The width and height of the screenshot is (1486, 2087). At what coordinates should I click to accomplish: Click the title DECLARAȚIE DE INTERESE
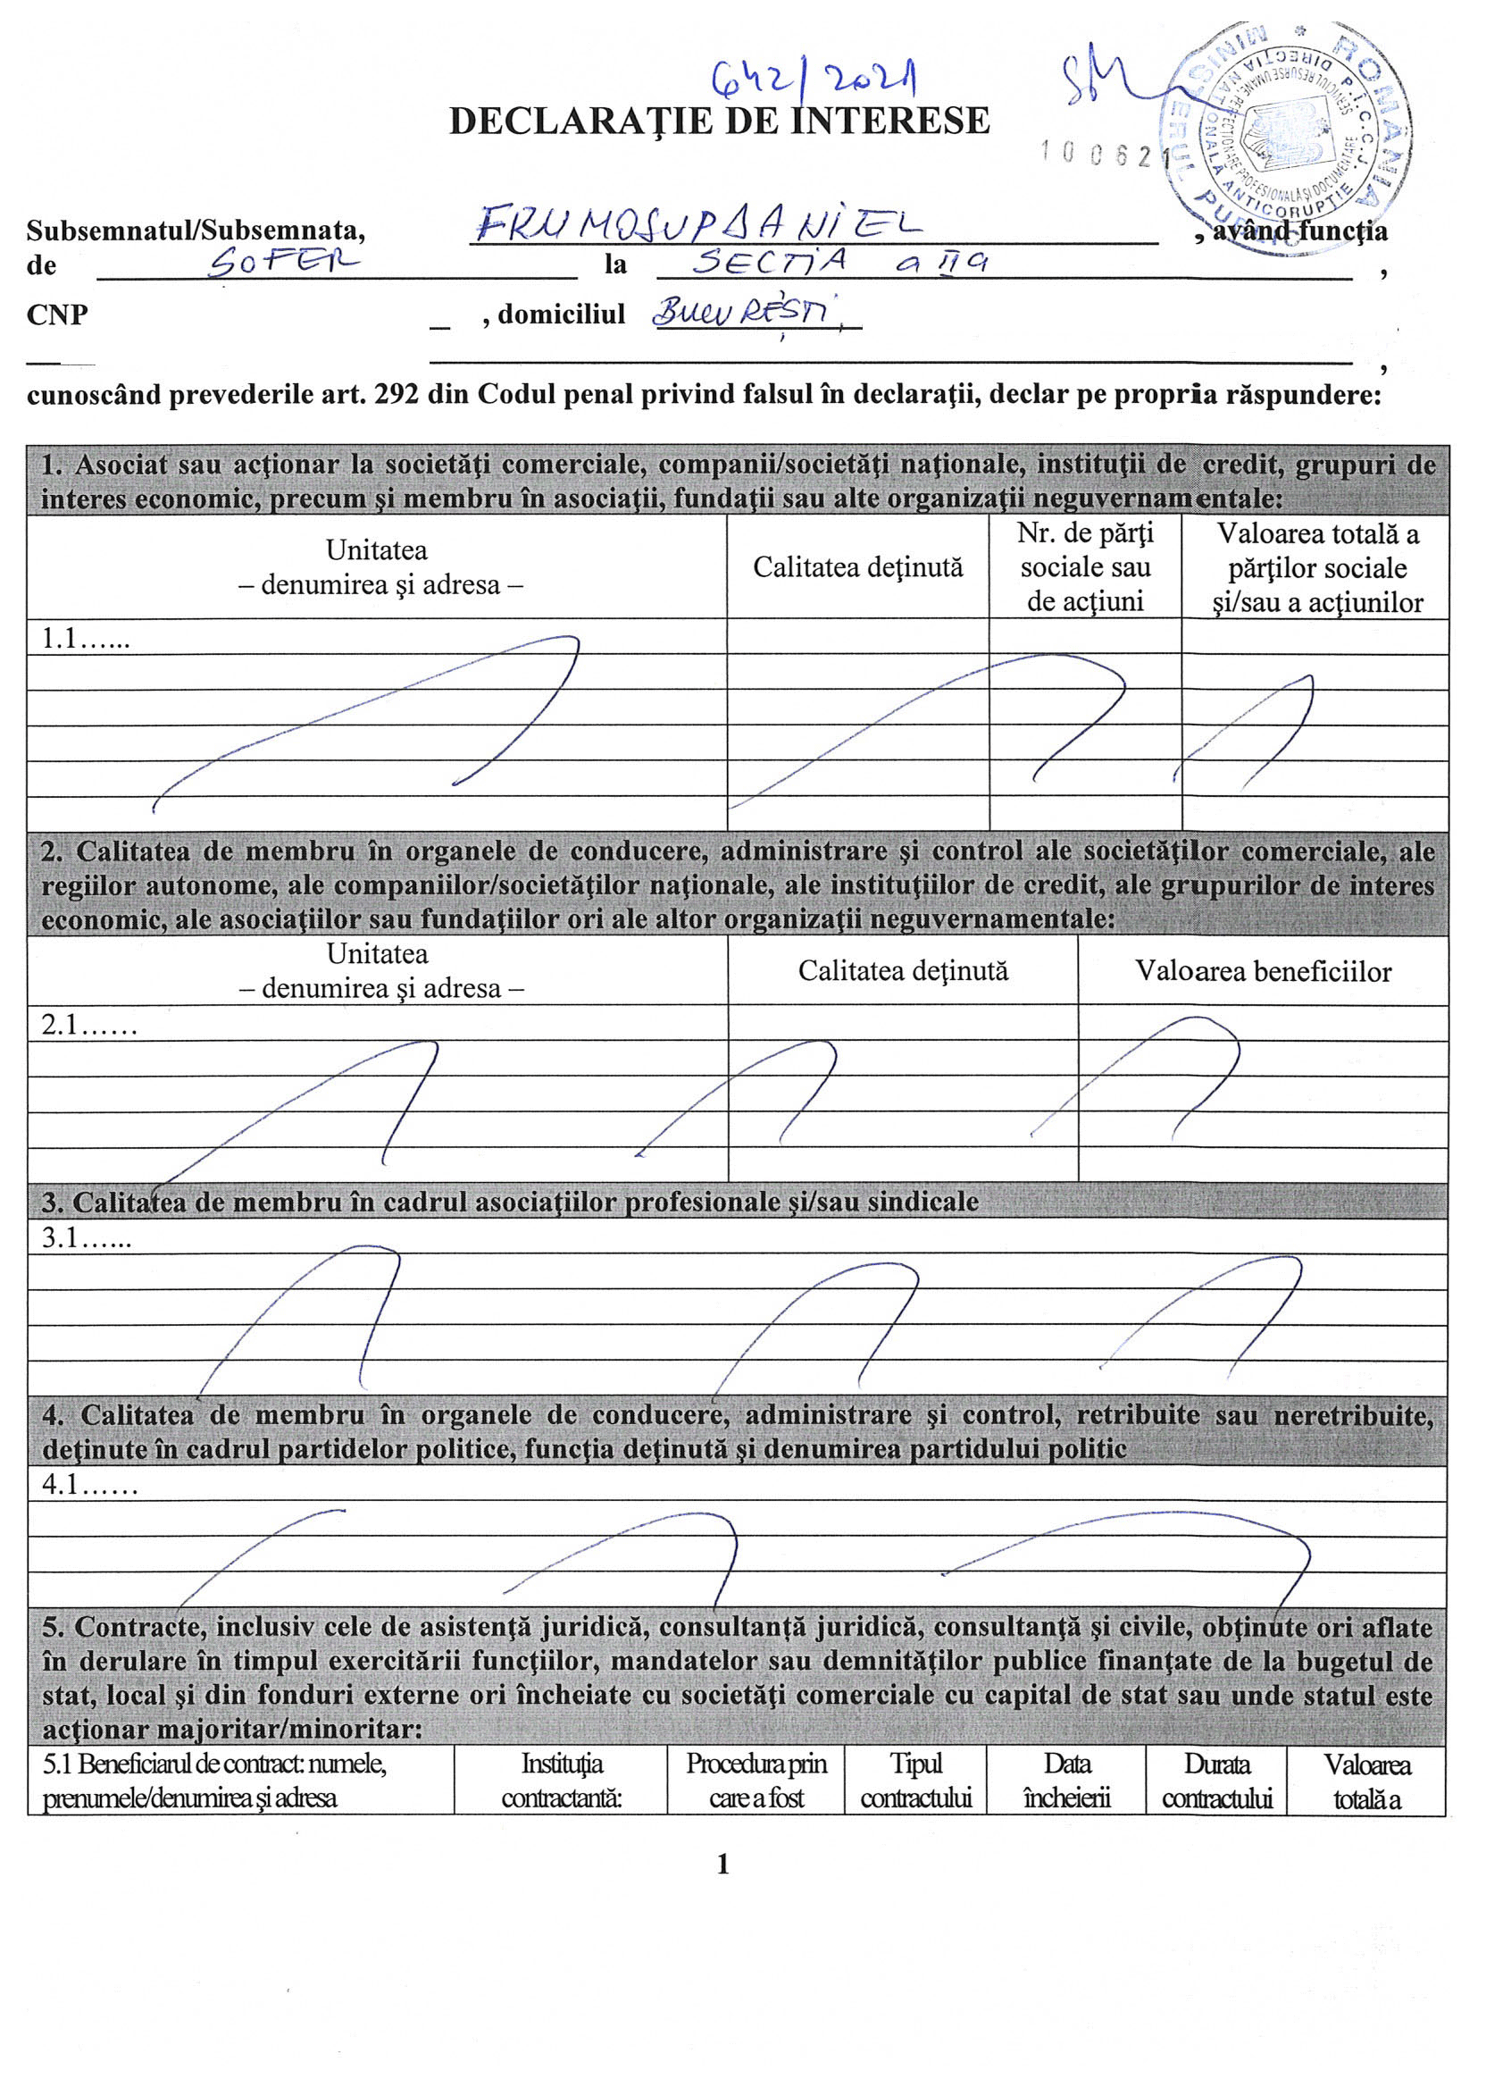719,121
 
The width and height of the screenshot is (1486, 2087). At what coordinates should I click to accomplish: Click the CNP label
57,314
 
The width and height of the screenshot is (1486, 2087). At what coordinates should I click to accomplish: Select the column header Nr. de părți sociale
1085,566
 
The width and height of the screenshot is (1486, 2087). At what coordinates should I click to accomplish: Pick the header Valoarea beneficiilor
1263,971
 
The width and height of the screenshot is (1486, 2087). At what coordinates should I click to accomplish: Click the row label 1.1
85,639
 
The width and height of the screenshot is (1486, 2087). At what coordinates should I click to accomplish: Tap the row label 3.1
86,1237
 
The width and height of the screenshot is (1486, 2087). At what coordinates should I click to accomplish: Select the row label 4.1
88,1484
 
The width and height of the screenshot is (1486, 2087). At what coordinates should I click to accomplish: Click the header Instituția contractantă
561,1781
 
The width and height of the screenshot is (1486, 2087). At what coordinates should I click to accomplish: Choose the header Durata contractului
1216,1781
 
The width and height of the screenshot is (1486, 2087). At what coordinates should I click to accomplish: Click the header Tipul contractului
915,1781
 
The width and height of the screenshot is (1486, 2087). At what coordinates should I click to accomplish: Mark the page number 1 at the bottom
722,1865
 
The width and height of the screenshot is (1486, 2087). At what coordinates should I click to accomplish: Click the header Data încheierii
1066,1781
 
